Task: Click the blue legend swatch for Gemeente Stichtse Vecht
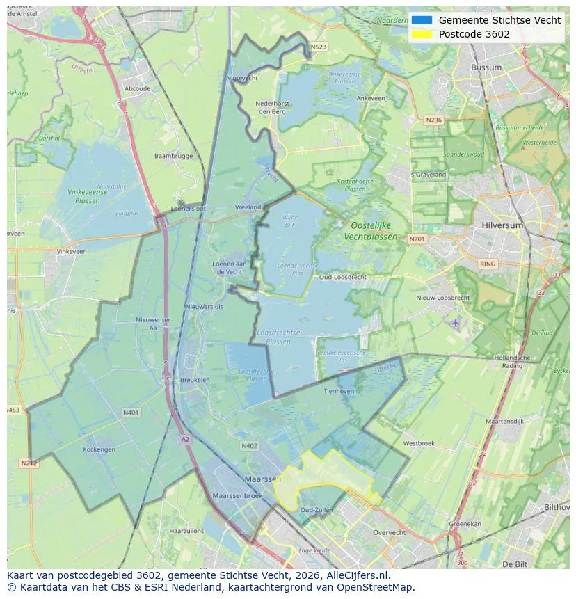pos(422,20)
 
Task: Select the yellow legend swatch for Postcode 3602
pos(422,34)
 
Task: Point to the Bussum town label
pos(486,67)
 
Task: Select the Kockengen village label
pos(99,449)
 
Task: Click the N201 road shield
pos(417,239)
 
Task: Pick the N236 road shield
pos(433,120)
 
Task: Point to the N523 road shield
pos(318,47)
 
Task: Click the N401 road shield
pos(130,413)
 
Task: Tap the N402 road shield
pos(249,446)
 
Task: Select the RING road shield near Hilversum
pos(488,264)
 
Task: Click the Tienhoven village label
pos(339,391)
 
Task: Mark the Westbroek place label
pos(419,443)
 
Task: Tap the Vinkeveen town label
pos(72,251)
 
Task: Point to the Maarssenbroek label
pos(237,495)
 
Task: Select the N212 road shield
pos(29,463)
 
